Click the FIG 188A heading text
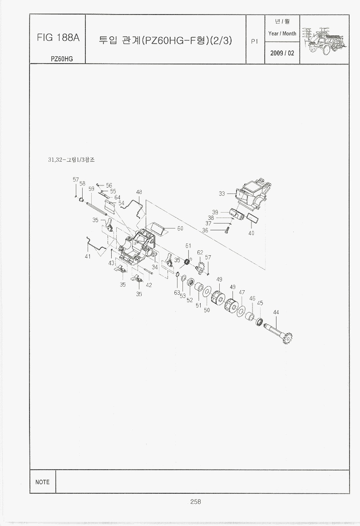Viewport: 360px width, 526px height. tap(58, 38)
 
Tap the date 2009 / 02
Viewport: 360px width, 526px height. tap(282, 53)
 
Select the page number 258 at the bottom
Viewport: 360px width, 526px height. tap(196, 501)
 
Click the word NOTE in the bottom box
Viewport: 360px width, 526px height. tap(43, 482)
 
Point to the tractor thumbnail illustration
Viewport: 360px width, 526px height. tap(325, 39)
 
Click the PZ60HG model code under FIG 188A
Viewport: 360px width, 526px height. tap(62, 59)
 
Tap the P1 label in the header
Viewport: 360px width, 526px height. tap(255, 41)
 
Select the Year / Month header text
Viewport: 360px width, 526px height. tap(282, 34)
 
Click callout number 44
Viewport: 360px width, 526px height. tap(276, 312)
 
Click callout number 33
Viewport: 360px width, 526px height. tap(222, 194)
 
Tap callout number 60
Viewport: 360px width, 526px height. tap(180, 228)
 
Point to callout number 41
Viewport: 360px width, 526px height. tap(88, 256)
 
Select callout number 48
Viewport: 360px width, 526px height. tap(139, 192)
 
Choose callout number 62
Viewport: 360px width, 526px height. tap(200, 252)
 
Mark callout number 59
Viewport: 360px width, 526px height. tap(91, 189)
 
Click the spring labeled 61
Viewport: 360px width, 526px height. tap(187, 261)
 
